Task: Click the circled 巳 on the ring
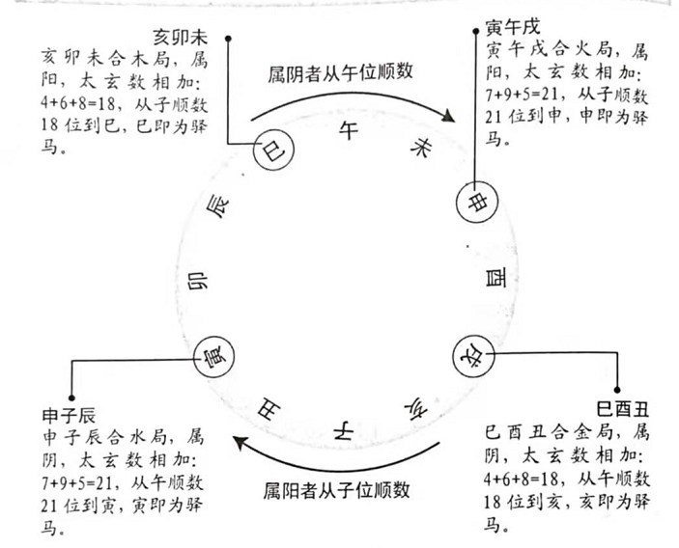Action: (273, 151)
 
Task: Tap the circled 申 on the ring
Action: (477, 202)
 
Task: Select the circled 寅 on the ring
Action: (213, 356)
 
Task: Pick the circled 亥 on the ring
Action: (473, 356)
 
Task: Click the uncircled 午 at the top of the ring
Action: (349, 129)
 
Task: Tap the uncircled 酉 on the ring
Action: (495, 278)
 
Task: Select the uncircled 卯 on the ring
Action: (197, 281)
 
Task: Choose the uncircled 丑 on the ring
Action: (269, 409)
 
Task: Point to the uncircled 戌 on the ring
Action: (416, 408)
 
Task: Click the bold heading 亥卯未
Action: (181, 38)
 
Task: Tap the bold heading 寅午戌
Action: (513, 28)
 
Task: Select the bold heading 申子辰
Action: (69, 416)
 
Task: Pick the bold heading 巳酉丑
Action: (623, 409)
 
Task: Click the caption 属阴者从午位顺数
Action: (340, 72)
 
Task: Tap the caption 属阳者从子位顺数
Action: (336, 490)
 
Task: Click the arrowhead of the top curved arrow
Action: (448, 116)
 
